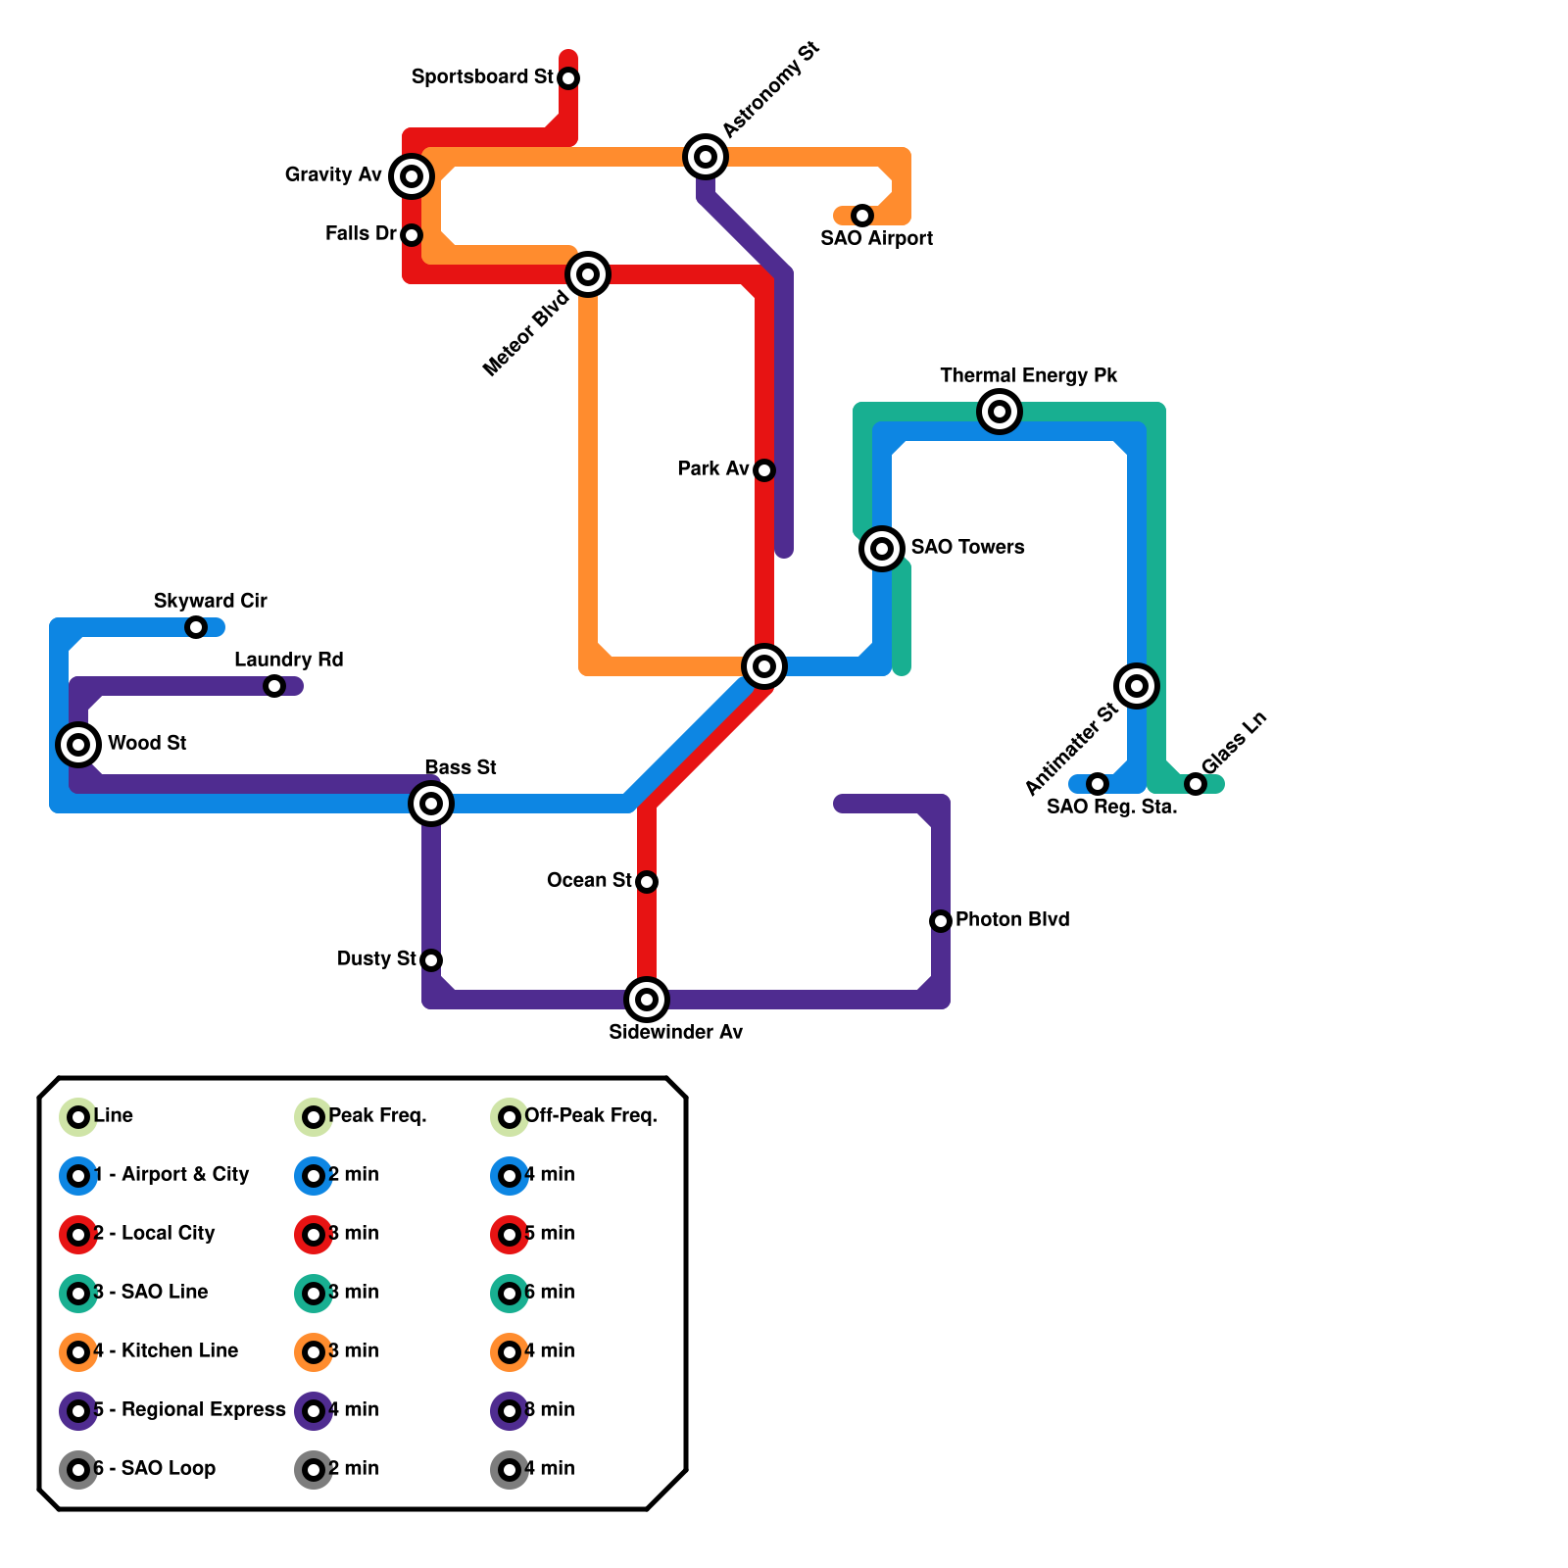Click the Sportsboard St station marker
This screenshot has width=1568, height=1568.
[x=568, y=77]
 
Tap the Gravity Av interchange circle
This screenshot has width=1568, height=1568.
[x=412, y=176]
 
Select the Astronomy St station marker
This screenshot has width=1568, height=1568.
[x=705, y=156]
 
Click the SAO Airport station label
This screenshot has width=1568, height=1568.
[x=876, y=238]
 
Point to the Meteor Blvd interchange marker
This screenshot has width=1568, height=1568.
[x=588, y=274]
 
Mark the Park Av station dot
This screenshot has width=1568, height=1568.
[x=764, y=470]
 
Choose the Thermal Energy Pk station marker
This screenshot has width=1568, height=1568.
[x=1000, y=412]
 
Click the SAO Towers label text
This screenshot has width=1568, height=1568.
[x=967, y=547]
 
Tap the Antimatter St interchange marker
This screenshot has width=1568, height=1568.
[x=1137, y=686]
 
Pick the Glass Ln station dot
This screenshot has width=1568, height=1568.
[x=1196, y=784]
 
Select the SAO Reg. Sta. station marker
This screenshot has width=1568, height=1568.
[x=1098, y=784]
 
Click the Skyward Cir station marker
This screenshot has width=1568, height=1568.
[x=196, y=627]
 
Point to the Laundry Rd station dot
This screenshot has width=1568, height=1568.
[x=274, y=686]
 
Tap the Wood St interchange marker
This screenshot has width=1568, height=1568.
[x=78, y=745]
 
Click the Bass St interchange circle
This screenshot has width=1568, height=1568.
[x=431, y=804]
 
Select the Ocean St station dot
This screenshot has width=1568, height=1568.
[x=647, y=882]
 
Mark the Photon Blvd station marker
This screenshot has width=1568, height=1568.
[x=941, y=921]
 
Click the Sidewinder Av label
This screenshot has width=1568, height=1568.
[x=675, y=1032]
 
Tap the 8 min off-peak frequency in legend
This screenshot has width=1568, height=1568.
[x=550, y=1409]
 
